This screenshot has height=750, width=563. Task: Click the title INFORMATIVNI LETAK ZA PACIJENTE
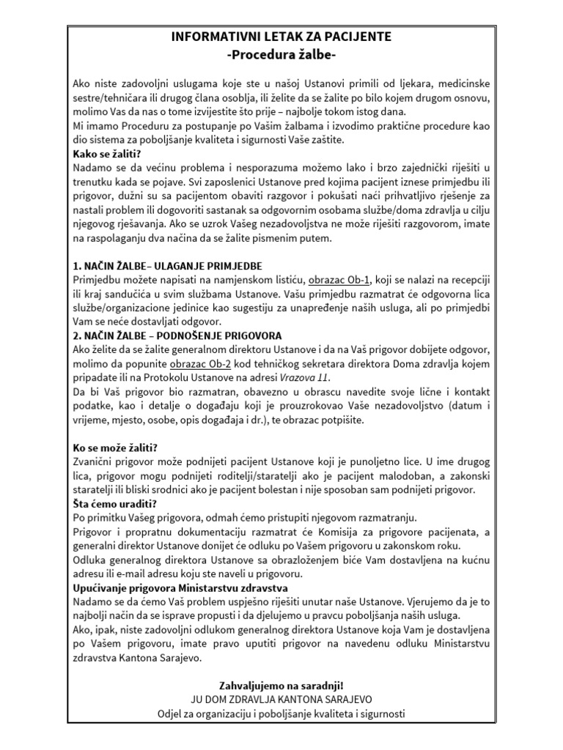click(x=281, y=36)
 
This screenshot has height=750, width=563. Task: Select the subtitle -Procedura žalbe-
click(x=281, y=55)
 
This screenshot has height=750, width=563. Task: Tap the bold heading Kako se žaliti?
click(x=107, y=154)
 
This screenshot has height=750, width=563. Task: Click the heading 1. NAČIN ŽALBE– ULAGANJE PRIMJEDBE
click(x=168, y=265)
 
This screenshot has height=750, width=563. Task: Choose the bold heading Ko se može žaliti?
click(x=116, y=447)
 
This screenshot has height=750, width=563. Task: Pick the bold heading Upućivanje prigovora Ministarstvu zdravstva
click(x=180, y=587)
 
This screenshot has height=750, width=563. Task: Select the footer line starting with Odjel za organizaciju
click(x=281, y=713)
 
